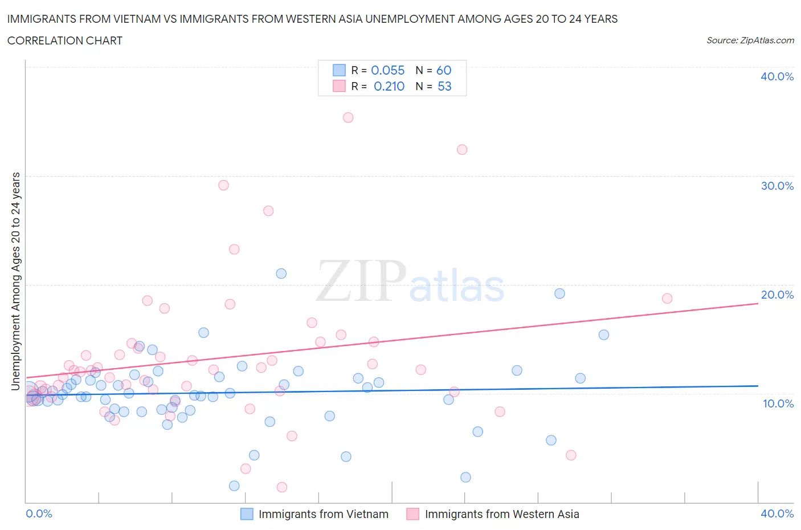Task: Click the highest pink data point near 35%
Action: (x=348, y=117)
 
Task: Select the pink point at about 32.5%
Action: (x=462, y=149)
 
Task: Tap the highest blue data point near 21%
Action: (x=281, y=274)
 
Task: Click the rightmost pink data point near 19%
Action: (x=667, y=299)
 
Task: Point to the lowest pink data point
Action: (x=282, y=487)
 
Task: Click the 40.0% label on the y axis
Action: (x=777, y=76)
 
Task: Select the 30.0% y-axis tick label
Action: (x=777, y=186)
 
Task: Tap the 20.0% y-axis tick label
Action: (x=777, y=295)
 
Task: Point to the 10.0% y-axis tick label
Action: (x=777, y=403)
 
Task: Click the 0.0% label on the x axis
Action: (x=39, y=513)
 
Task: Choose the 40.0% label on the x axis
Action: (x=777, y=513)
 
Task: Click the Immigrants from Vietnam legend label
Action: (x=323, y=514)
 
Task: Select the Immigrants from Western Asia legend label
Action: (x=501, y=514)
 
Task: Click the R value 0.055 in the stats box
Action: (x=387, y=70)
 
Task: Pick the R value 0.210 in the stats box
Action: (x=389, y=86)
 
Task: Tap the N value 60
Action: (x=444, y=70)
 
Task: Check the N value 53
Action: (x=444, y=86)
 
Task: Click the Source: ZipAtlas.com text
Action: (x=750, y=40)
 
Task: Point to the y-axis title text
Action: (x=15, y=282)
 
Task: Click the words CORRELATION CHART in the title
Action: (x=65, y=40)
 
